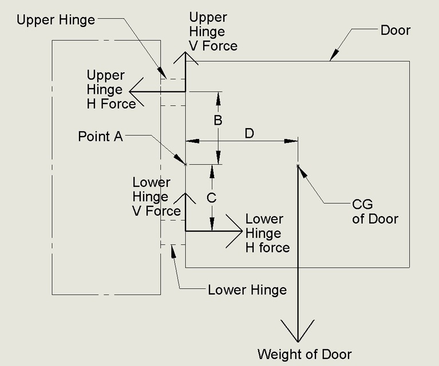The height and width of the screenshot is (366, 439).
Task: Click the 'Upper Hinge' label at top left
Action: pyautogui.click(x=56, y=20)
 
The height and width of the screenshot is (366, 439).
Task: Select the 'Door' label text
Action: pyautogui.click(x=395, y=30)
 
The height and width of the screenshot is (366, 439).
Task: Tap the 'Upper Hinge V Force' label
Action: pyautogui.click(x=213, y=31)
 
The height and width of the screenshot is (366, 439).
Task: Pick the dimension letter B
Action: pyautogui.click(x=217, y=121)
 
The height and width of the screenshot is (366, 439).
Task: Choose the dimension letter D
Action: pyautogui.click(x=249, y=133)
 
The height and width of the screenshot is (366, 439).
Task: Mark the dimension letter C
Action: pyautogui.click(x=211, y=198)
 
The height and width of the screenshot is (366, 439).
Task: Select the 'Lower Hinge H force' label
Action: pyautogui.click(x=267, y=233)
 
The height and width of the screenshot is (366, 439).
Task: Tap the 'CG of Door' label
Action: pyautogui.click(x=375, y=212)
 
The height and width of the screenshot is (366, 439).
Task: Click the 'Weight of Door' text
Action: pyautogui.click(x=304, y=353)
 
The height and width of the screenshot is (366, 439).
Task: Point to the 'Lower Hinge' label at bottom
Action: pyautogui.click(x=247, y=290)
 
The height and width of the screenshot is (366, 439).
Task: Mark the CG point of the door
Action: pyautogui.click(x=298, y=166)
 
